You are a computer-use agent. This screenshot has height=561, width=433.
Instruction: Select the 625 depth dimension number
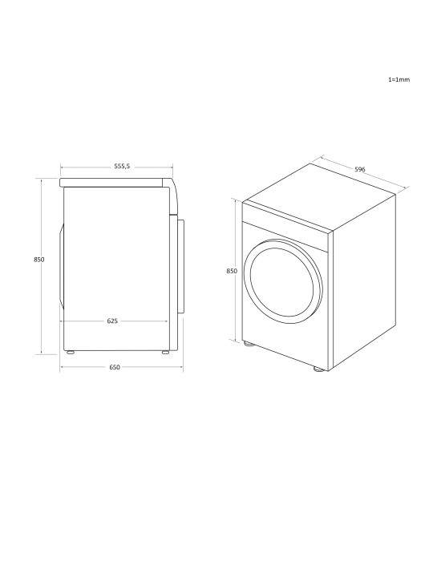113,321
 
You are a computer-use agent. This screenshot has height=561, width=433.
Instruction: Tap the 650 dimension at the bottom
114,367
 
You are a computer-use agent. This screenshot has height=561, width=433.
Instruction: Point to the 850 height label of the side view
38,260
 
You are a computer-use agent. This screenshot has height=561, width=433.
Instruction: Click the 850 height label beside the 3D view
232,272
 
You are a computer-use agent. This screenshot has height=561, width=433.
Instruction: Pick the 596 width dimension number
360,169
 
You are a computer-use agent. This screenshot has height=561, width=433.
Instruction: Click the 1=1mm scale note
399,81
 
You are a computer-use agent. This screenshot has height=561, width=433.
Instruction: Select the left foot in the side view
70,352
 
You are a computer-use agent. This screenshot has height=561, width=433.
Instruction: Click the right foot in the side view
164,352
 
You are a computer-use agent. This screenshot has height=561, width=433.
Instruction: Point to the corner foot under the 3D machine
319,370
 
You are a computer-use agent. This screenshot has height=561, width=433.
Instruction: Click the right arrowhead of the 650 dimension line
183,367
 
